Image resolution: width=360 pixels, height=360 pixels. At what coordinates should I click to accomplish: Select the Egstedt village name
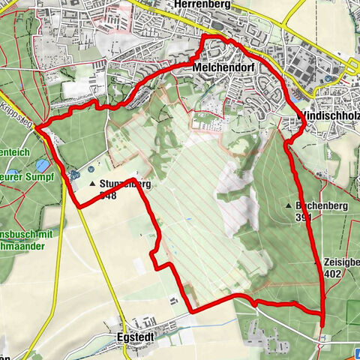tap(141, 338)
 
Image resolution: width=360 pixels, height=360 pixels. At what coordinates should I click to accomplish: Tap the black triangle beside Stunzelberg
tap(92, 183)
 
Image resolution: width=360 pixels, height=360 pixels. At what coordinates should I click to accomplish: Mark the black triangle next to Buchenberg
tap(289, 204)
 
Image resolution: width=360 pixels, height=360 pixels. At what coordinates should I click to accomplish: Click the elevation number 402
tap(336, 274)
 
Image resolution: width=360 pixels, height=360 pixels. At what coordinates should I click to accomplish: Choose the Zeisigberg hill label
tap(342, 263)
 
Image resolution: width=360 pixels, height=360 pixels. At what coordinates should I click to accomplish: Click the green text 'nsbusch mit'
tap(27, 233)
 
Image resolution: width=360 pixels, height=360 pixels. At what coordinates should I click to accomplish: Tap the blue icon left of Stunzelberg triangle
tap(74, 175)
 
